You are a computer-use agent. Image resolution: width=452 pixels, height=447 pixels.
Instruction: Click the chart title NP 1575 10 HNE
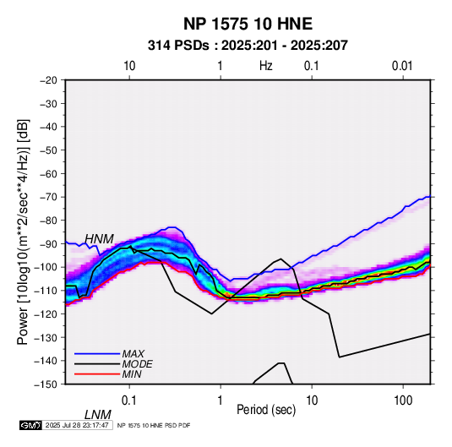click(248, 24)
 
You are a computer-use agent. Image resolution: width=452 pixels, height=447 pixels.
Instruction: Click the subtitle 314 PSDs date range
click(248, 46)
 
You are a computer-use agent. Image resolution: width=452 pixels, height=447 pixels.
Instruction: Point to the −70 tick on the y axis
click(48, 197)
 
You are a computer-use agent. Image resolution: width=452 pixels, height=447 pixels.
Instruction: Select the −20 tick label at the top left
click(48, 80)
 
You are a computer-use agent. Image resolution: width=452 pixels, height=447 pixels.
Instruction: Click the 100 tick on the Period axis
click(403, 401)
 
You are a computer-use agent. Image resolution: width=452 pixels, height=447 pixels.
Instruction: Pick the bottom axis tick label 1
click(221, 401)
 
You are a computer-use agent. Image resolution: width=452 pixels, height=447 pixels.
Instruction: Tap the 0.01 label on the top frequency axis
click(402, 66)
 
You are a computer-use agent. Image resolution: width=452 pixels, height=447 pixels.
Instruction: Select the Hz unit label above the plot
click(266, 66)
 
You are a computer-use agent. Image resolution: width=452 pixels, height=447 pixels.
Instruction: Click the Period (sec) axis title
click(266, 410)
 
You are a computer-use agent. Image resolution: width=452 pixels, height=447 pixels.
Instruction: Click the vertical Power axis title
click(23, 232)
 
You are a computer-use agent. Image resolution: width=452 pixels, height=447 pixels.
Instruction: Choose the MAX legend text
click(133, 354)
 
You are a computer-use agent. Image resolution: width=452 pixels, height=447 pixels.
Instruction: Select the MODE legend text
click(137, 364)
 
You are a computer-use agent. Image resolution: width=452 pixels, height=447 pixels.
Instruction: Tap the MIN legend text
click(132, 374)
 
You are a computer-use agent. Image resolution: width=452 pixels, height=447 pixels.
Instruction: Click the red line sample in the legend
click(97, 374)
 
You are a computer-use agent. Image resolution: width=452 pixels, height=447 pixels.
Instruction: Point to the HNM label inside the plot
click(99, 239)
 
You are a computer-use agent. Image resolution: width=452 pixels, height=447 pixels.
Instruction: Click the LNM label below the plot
click(98, 415)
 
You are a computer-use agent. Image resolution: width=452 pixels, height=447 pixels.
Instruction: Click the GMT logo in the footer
click(31, 425)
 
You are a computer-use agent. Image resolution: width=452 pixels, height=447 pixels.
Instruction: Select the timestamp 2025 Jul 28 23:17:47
click(77, 425)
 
